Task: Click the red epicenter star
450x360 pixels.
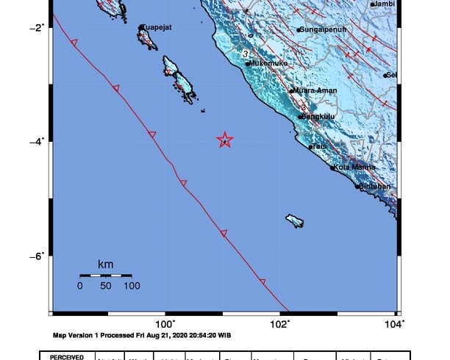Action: click(x=225, y=140)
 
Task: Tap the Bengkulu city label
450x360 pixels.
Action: click(x=318, y=116)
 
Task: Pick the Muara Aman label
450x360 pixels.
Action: click(x=316, y=90)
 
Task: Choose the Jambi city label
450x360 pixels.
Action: click(x=385, y=4)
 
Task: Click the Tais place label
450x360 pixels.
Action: click(x=318, y=146)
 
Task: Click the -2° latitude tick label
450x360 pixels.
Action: click(x=37, y=27)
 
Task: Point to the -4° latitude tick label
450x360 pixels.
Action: click(x=37, y=141)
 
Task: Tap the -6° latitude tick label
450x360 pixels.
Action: click(x=37, y=256)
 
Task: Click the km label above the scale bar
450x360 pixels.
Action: click(x=105, y=264)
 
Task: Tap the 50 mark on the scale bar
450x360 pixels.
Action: click(x=105, y=285)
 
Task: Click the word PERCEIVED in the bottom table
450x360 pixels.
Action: click(x=71, y=357)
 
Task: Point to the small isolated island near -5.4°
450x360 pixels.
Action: click(x=296, y=220)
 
